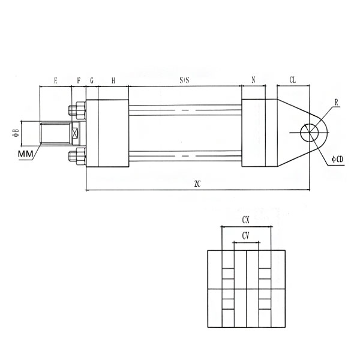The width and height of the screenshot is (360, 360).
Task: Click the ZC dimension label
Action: pos(197,184)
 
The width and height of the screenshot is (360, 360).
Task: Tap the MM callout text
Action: pos(25,154)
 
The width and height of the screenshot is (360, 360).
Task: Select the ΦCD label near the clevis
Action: pos(337,159)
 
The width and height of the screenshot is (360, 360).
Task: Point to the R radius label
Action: pos(337,103)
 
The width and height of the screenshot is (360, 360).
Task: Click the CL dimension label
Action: pos(293,80)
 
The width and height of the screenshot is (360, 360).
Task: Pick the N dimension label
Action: pos(253,80)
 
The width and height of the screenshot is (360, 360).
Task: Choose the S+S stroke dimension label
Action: pos(184,80)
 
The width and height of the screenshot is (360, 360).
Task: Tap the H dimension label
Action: pos(113,80)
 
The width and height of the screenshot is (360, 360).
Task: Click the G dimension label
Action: pos(92,80)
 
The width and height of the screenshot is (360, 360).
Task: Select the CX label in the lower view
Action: pos(245,220)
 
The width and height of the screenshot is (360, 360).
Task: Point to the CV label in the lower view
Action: pos(245,236)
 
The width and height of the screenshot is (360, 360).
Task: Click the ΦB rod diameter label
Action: pos(16,133)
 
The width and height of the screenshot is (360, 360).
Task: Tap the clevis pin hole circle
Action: pos(310,133)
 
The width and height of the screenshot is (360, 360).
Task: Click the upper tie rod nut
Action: pos(77,110)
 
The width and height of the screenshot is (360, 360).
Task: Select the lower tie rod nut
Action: pos(77,157)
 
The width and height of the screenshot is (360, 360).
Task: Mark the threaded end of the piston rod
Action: pos(56,133)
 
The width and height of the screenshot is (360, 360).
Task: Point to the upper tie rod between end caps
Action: pos(185,110)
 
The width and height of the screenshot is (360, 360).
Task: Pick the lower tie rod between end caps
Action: pos(185,156)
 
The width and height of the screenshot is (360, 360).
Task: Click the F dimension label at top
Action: pos(79,80)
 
